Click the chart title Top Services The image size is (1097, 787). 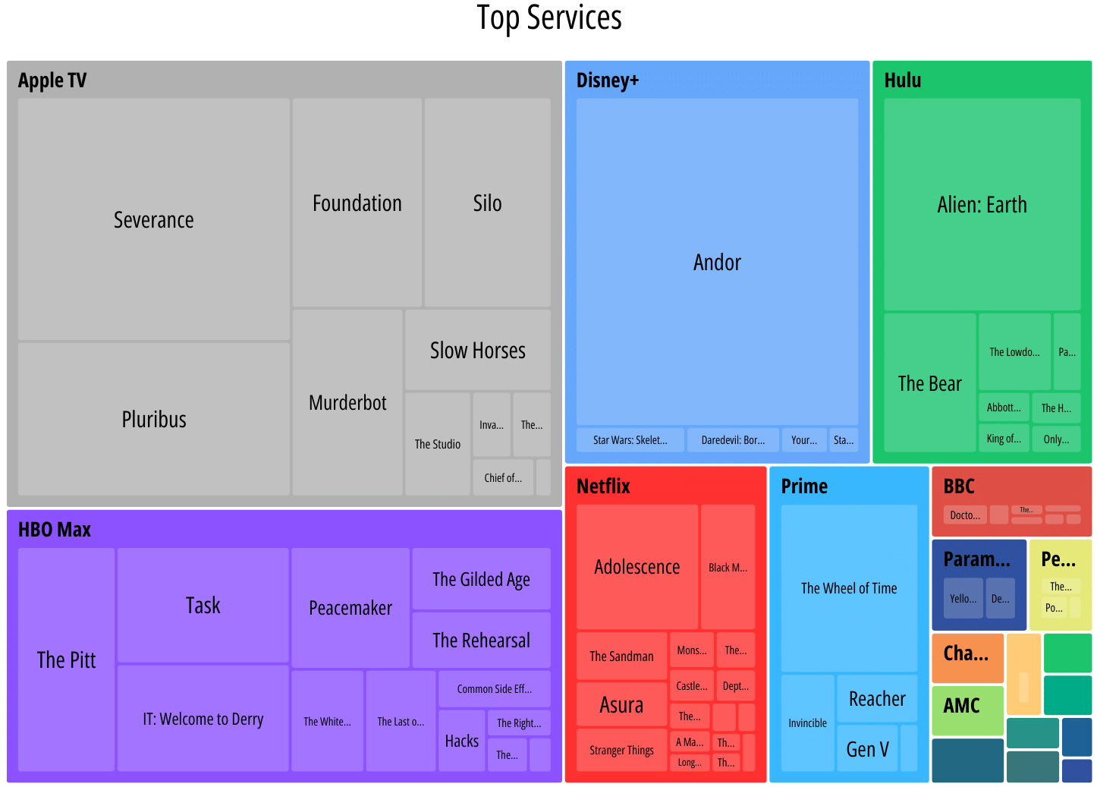548,18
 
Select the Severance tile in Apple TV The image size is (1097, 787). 153,219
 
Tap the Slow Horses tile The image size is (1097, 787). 477,350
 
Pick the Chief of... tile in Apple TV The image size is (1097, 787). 502,477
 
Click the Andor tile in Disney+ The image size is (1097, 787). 717,262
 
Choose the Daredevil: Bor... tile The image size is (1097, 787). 732,440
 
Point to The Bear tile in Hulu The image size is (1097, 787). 929,383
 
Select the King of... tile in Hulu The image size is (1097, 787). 1003,439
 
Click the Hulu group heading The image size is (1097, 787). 903,80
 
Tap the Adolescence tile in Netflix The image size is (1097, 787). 637,567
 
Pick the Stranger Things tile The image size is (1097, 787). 621,750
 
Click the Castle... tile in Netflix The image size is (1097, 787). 691,686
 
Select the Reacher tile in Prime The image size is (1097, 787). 877,698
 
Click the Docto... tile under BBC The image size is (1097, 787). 965,515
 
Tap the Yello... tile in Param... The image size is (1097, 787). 963,599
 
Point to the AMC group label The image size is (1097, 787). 961,706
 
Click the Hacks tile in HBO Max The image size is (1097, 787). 461,741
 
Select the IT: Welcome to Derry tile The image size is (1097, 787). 203,719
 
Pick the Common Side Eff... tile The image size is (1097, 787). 494,689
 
